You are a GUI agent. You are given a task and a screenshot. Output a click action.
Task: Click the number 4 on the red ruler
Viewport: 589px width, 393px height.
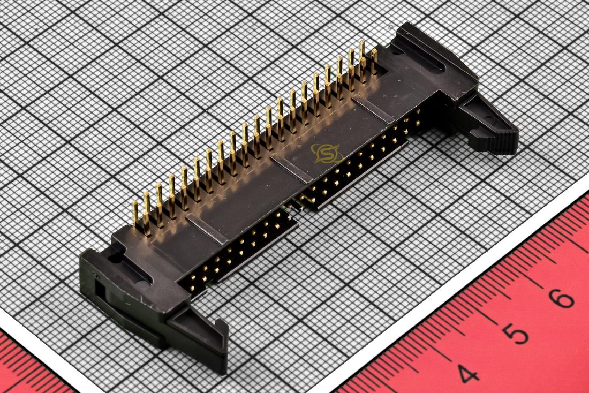[x=467, y=373]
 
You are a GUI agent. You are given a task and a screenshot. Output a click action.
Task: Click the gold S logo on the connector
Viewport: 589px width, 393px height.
[x=327, y=154]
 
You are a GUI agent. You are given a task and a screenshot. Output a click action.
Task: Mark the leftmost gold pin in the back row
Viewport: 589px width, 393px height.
[x=135, y=213]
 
